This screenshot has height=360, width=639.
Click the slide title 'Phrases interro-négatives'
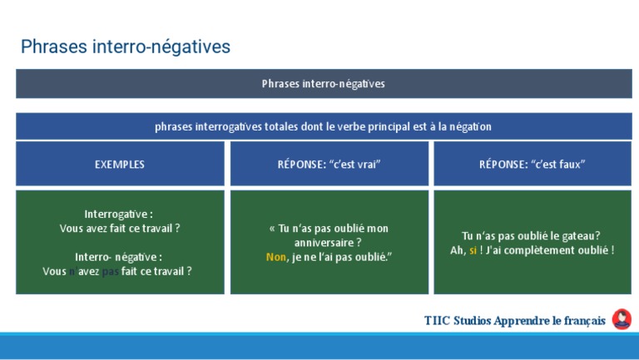[125, 47]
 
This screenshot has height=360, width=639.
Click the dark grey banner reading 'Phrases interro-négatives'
[323, 84]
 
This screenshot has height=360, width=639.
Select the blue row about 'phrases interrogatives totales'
[323, 126]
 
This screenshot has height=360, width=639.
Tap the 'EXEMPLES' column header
[120, 165]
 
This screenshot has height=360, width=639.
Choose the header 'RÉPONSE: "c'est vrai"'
[329, 165]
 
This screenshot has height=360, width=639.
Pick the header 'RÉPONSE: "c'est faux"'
[532, 165]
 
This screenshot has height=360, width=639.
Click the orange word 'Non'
[275, 257]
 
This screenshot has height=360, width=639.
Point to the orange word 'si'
[473, 250]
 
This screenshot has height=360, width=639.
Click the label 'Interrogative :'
[119, 214]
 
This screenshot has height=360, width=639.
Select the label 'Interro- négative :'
[119, 257]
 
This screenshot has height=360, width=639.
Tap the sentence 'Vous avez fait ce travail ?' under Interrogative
[120, 228]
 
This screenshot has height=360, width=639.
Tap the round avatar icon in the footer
[621, 320]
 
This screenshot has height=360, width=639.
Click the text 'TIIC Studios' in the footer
[457, 321]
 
